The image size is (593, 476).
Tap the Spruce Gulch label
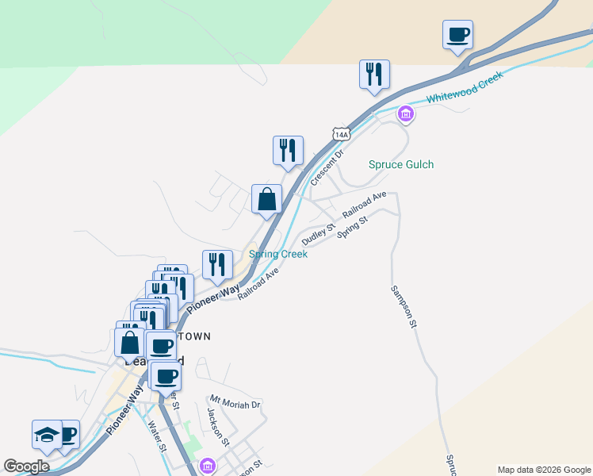[401, 165]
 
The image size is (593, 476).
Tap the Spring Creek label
[278, 255]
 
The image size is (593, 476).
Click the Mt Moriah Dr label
[235, 403]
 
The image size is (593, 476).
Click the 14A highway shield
[341, 135]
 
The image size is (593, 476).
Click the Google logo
[26, 466]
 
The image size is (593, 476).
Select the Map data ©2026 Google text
[543, 470]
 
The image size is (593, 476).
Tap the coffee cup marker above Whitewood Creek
[457, 35]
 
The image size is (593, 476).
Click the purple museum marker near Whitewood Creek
[406, 115]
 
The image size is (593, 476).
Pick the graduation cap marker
[47, 435]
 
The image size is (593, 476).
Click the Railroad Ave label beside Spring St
[365, 205]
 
